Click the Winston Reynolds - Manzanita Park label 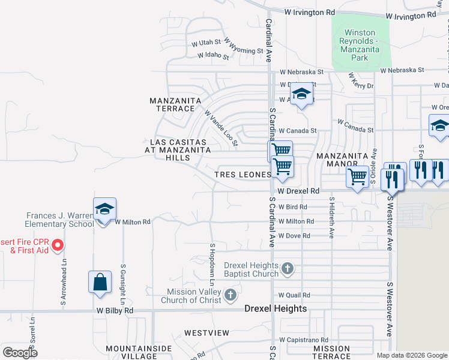[x=360, y=45]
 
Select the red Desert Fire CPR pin [x=58, y=244]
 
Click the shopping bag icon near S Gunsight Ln [x=100, y=282]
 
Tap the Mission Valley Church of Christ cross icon [x=231, y=295]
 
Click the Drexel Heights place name [x=276, y=308]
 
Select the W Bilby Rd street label [x=115, y=311]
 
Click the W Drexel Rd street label [x=298, y=191]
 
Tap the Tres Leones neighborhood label [x=243, y=175]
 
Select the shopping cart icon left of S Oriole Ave [x=358, y=177]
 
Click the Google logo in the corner [x=20, y=352]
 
